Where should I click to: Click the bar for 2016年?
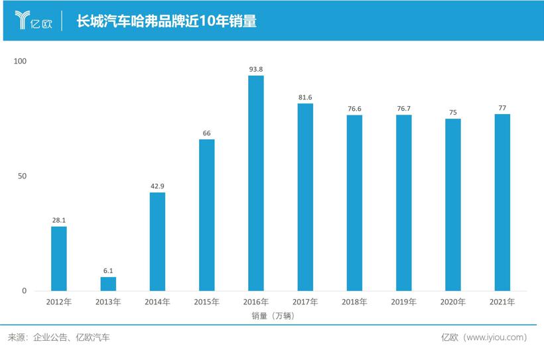[x=256, y=183]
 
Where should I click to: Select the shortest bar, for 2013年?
[x=108, y=284]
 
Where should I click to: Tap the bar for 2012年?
[x=59, y=259]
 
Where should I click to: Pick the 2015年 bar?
[x=207, y=215]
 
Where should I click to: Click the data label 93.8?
[x=256, y=69]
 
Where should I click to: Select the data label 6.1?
[x=108, y=270]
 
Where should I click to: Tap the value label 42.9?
[x=158, y=186]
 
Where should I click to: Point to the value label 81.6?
[x=305, y=97]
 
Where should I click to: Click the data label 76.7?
[x=404, y=109]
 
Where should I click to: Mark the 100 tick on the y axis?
[x=20, y=61]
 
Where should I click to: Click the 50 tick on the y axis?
[x=22, y=176]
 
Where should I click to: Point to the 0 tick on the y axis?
[x=24, y=291]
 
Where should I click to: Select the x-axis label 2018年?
[x=354, y=302]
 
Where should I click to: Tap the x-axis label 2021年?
[x=502, y=302]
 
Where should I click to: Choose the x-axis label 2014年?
[x=158, y=302]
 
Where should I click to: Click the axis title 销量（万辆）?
[x=273, y=316]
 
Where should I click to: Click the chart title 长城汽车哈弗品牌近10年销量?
[x=167, y=21]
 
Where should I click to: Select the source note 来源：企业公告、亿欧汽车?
[x=59, y=337]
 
